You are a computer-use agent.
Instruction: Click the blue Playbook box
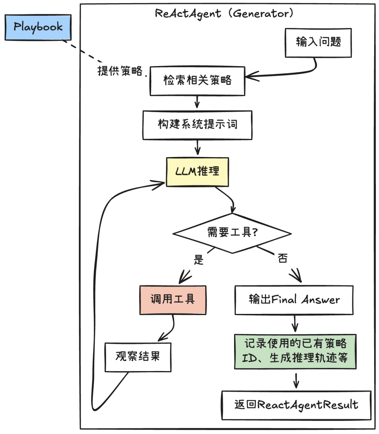(38, 27)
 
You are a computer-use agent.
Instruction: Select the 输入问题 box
(318, 42)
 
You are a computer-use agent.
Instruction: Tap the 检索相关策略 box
(197, 81)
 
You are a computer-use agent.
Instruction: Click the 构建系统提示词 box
(197, 125)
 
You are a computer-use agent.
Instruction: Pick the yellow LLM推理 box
(197, 172)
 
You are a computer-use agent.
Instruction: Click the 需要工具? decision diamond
(232, 233)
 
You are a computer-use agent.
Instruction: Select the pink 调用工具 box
(173, 300)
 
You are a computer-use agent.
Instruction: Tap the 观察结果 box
(138, 357)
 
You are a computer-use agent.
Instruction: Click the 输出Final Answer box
(294, 300)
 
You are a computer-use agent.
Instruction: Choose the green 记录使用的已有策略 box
(295, 351)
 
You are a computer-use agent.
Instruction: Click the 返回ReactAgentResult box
(296, 405)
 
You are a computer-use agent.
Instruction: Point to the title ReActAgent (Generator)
(224, 14)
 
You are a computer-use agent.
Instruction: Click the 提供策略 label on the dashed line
(120, 71)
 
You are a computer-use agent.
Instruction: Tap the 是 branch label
(199, 260)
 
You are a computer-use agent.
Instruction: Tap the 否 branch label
(282, 258)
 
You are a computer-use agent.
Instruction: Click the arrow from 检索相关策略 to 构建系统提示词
(197, 103)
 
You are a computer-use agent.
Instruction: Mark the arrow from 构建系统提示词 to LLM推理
(197, 147)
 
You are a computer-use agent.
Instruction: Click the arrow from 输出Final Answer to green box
(295, 323)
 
